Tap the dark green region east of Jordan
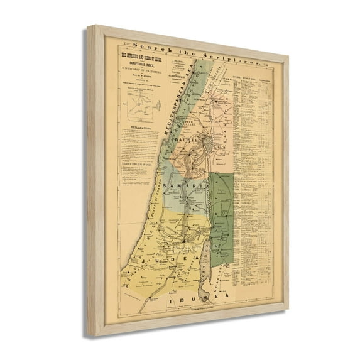click(x=221, y=214)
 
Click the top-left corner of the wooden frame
click(x=89, y=26)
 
